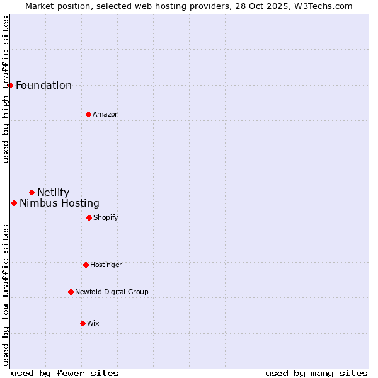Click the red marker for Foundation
coord(10,85)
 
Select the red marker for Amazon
coord(88,114)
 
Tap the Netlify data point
coord(31,192)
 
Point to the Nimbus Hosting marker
coord(14,203)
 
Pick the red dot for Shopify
coord(89,217)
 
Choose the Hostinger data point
coord(86,265)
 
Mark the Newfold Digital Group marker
coord(71,292)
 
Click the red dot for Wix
coord(83,323)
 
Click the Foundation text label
coord(43,86)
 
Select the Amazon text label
coord(106,115)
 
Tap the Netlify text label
coord(53,193)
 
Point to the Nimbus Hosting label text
coord(59,203)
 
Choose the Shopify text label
coord(106,218)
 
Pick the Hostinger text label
coord(106,265)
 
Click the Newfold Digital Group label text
coord(112,292)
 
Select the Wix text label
coord(93,324)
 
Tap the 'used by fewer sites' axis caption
coord(65,373)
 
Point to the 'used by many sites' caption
coord(316,373)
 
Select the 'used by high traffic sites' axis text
coord(6,89)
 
